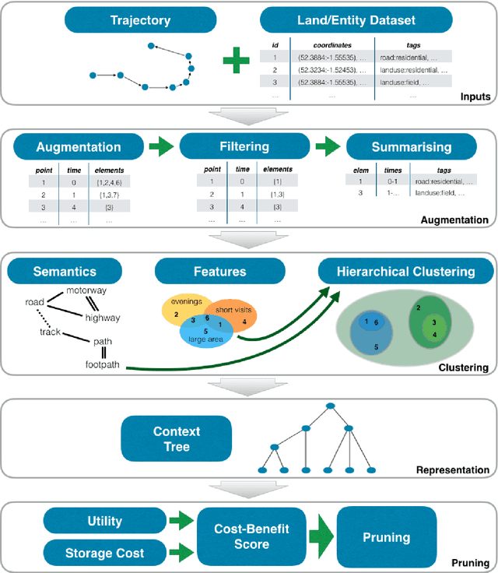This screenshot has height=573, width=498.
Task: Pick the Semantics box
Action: click(65, 272)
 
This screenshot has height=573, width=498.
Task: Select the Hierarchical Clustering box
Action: click(405, 272)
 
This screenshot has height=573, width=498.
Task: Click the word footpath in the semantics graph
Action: click(103, 364)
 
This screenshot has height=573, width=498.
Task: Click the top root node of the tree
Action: click(331, 406)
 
